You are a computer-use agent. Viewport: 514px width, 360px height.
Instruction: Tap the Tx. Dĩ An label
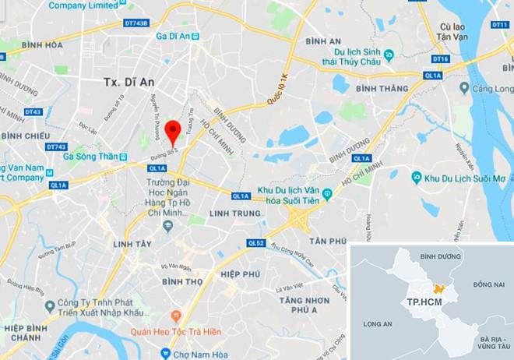click(x=129, y=81)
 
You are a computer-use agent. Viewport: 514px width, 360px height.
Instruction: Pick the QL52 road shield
click(x=256, y=243)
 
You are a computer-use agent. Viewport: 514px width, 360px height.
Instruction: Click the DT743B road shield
click(x=136, y=23)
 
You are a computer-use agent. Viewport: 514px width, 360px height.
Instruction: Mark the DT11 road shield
click(x=499, y=25)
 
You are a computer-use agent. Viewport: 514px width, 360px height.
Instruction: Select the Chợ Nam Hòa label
click(x=202, y=354)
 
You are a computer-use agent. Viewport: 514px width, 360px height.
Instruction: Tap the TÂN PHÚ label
click(x=327, y=242)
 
